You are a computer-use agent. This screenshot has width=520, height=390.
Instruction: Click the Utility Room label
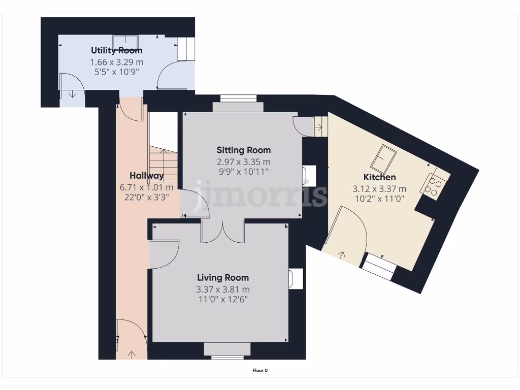[117, 50]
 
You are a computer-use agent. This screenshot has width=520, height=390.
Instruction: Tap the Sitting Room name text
[244, 150]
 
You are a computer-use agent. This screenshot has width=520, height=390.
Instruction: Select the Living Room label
[223, 278]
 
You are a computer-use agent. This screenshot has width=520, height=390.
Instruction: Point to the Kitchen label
[379, 177]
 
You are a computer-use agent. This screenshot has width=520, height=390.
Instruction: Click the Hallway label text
[147, 176]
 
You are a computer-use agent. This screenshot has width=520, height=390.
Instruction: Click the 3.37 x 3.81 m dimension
[223, 289]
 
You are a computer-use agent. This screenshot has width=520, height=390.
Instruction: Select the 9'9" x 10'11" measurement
[244, 172]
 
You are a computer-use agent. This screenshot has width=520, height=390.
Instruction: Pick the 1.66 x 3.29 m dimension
[117, 62]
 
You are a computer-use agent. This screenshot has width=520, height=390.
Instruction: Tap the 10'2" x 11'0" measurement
[379, 199]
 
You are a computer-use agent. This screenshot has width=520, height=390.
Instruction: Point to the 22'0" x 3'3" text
[147, 198]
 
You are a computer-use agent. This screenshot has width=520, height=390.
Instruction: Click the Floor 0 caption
[260, 370]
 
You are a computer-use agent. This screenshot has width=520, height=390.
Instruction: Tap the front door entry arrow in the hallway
[132, 355]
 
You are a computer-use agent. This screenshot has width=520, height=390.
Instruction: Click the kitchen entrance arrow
[342, 255]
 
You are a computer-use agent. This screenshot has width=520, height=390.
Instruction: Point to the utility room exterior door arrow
[72, 94]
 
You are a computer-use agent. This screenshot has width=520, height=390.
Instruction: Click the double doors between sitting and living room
[222, 232]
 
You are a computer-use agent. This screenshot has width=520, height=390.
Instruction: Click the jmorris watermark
[261, 194]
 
